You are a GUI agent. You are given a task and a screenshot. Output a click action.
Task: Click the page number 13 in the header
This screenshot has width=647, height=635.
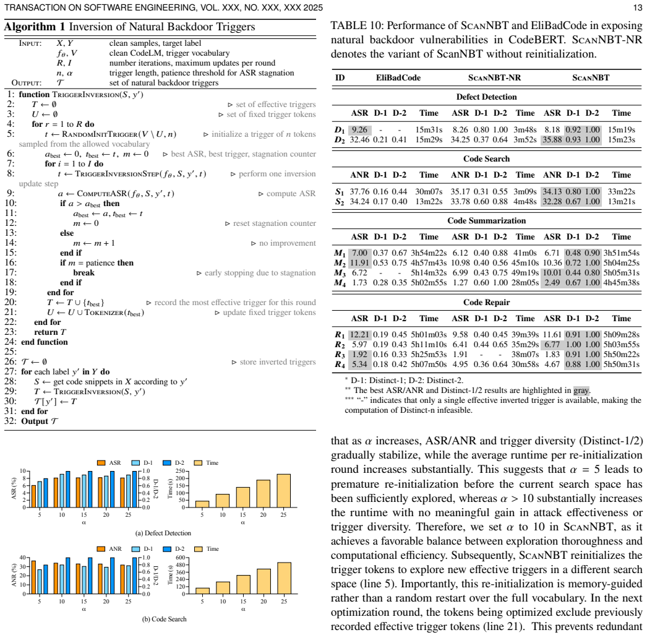pos(638,8)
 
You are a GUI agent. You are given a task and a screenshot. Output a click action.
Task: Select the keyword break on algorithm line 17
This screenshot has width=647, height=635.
pos(84,272)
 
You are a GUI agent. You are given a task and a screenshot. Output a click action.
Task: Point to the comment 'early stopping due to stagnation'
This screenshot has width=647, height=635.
pos(260,272)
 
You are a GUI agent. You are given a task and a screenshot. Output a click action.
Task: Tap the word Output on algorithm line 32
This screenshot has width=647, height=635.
pos(35,421)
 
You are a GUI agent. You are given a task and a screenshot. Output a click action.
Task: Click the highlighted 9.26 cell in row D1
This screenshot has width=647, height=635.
pos(360,129)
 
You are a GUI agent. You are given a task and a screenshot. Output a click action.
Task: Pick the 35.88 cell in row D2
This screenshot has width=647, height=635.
pos(552,139)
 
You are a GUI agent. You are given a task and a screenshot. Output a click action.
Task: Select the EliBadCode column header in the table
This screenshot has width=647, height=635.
pos(398,77)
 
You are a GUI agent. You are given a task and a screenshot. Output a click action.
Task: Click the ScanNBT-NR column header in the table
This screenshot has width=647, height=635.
pos(494,77)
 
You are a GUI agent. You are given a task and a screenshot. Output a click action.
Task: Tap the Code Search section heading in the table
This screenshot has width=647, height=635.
pos(487,159)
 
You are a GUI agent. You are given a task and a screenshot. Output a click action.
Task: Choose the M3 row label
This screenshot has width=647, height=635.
pos(340,273)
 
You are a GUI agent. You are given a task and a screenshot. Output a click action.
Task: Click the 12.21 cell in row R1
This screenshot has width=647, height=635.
pos(360,334)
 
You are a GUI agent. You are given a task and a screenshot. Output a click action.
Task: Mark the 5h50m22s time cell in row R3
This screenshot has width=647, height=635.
pos(622,354)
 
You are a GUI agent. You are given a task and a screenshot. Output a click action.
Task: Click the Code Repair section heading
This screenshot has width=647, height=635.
pos(487,302)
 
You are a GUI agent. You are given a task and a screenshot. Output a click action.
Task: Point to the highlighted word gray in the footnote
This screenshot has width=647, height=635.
pos(581,390)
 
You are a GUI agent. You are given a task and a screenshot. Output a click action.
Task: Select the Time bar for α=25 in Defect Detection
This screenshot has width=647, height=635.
pos(283,491)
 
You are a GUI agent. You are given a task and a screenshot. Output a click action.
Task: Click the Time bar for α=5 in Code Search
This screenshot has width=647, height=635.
pos(202,591)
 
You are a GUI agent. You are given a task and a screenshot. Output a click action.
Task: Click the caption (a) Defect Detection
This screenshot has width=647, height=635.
pos(163,533)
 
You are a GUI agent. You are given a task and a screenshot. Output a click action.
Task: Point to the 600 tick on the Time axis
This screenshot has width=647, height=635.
pos(181,558)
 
